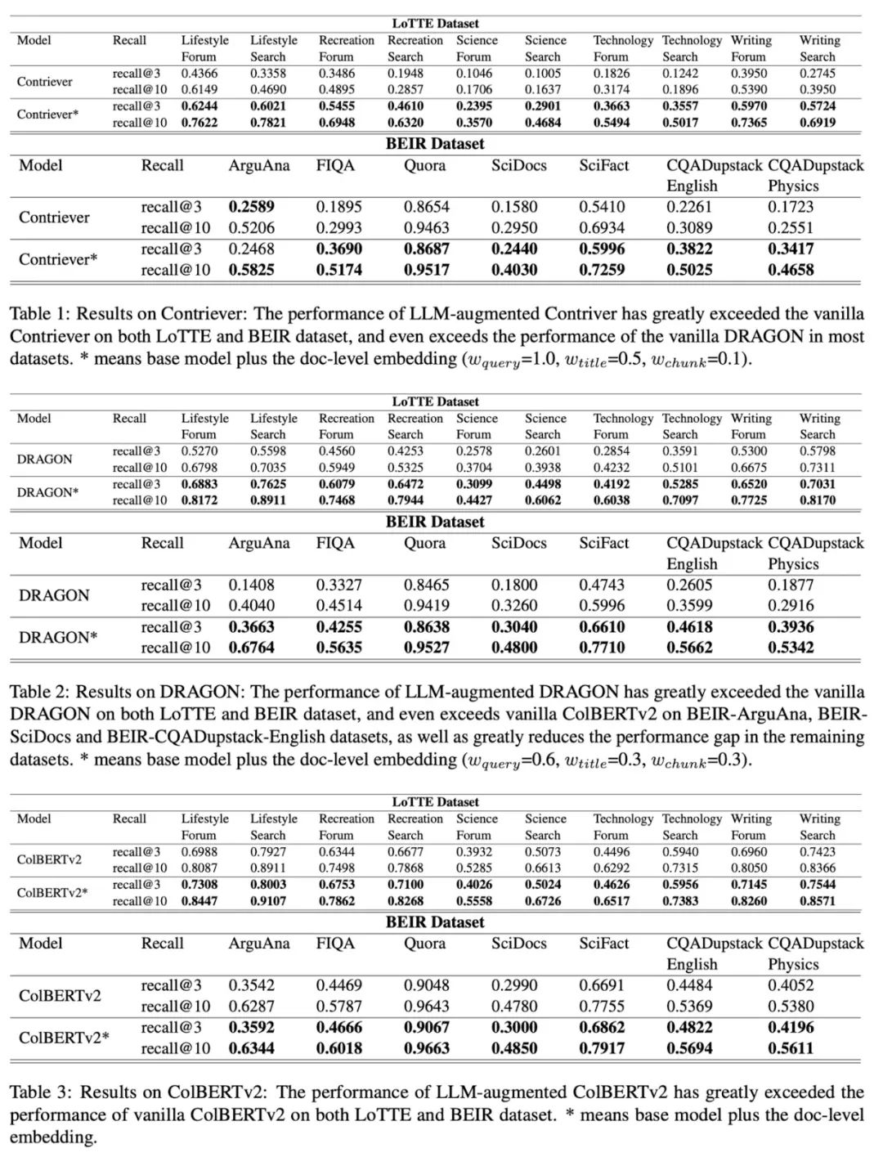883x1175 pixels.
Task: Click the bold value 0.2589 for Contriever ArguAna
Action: [x=251, y=207]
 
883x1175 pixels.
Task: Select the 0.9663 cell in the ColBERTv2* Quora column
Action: [x=426, y=1048]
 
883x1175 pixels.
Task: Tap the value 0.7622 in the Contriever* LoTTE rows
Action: [x=199, y=123]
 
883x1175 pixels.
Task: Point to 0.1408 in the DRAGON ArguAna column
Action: [x=251, y=585]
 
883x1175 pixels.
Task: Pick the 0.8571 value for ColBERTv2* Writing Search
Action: [x=818, y=901]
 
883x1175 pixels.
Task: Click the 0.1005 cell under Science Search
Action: [x=542, y=74]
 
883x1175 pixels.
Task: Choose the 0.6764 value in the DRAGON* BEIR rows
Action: [x=251, y=648]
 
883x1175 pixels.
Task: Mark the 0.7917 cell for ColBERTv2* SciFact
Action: [x=602, y=1048]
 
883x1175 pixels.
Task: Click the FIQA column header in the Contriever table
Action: [x=335, y=165]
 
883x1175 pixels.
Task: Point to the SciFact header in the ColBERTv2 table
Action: [x=604, y=943]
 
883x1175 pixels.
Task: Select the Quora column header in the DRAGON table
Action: [x=424, y=543]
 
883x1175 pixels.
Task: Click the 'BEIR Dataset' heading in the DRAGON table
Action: [x=435, y=522]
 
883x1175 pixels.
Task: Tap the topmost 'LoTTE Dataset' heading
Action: [x=435, y=24]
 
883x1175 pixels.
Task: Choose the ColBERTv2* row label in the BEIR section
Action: [x=64, y=1038]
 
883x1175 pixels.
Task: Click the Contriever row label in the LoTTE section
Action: [x=44, y=82]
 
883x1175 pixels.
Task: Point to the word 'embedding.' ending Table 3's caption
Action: [x=53, y=1137]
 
